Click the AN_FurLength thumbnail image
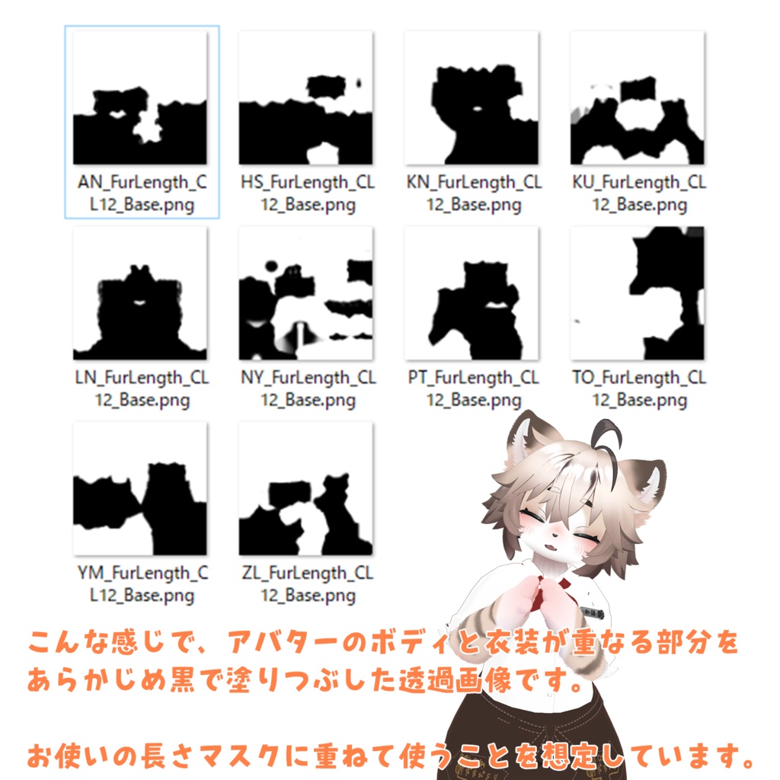pyautogui.click(x=140, y=97)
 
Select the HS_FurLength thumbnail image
pyautogui.click(x=306, y=97)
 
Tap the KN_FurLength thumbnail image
pyautogui.click(x=472, y=97)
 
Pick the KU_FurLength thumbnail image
pyautogui.click(x=638, y=97)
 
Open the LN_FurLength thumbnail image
pyautogui.click(x=140, y=293)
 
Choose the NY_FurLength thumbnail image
pyautogui.click(x=306, y=293)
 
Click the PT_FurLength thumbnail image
pyautogui.click(x=472, y=293)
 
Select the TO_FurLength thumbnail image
pyautogui.click(x=638, y=293)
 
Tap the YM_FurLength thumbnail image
pyautogui.click(x=140, y=488)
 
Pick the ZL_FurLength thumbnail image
pyautogui.click(x=306, y=488)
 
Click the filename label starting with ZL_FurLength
pyautogui.click(x=306, y=583)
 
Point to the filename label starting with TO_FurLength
pyautogui.click(x=638, y=388)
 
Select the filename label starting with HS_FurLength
pyautogui.click(x=306, y=193)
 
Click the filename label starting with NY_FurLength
pyautogui.click(x=306, y=388)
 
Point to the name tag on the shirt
pyautogui.click(x=592, y=612)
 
